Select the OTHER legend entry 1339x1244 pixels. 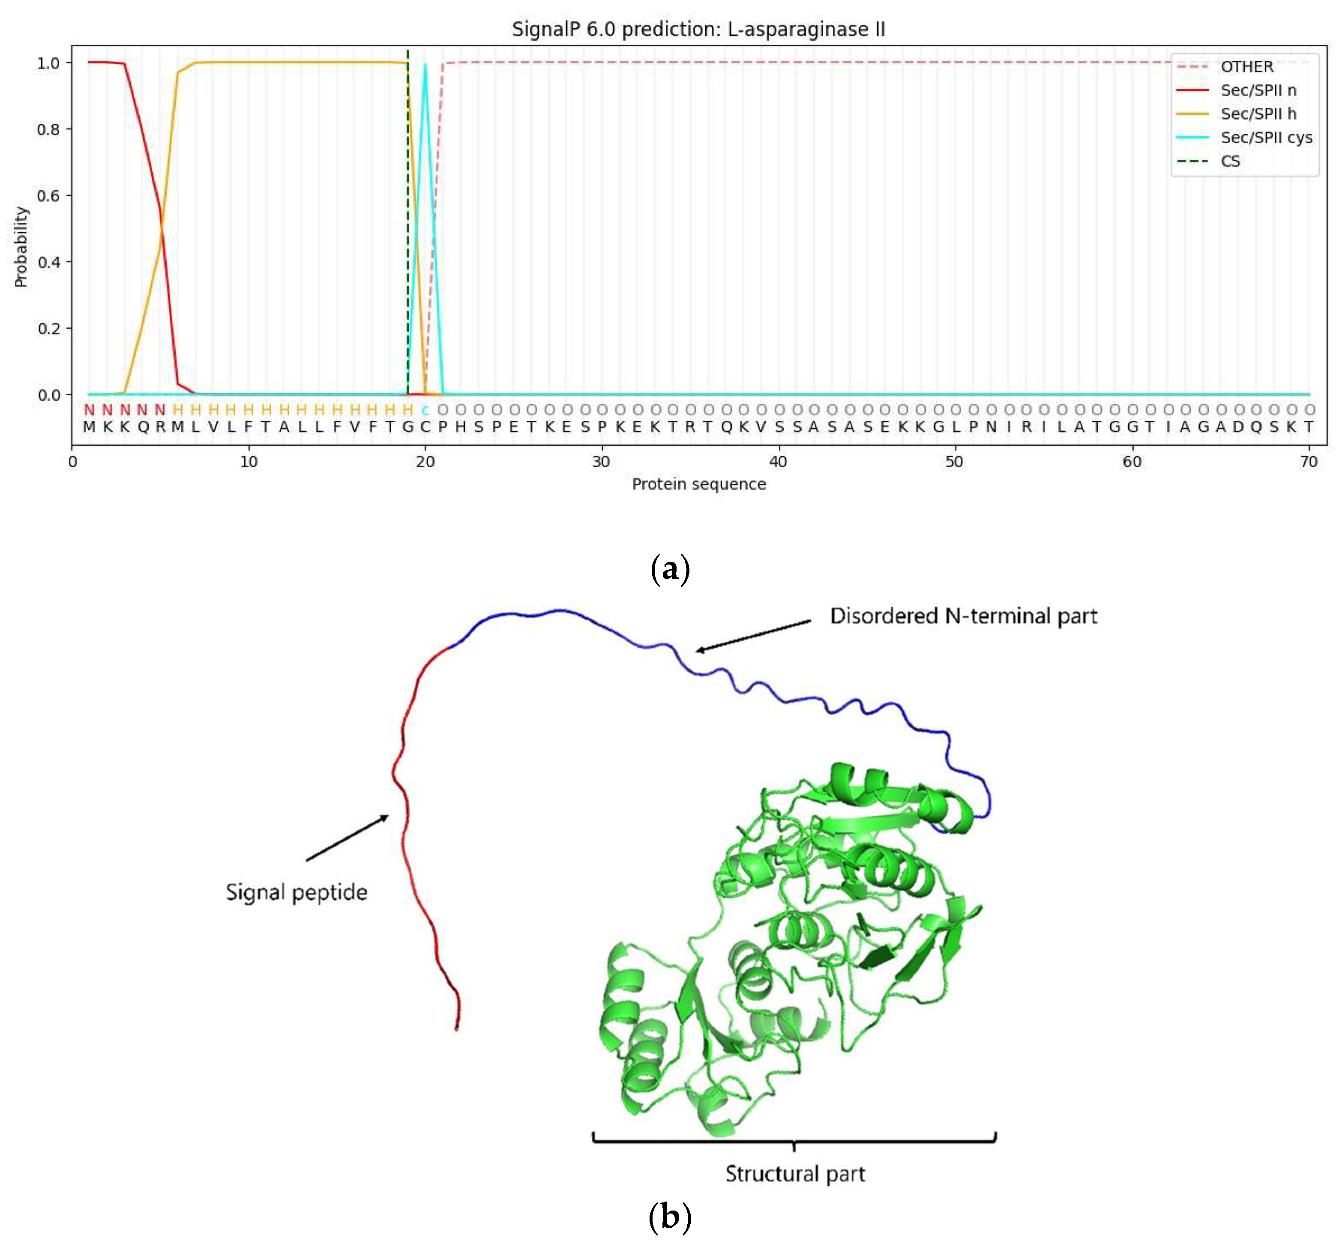(x=1246, y=66)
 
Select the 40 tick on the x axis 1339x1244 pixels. (x=778, y=462)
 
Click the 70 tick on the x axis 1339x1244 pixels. (x=1308, y=462)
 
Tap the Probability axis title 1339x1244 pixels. (x=21, y=247)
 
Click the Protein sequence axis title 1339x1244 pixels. (x=698, y=484)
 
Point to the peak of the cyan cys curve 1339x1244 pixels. (x=425, y=65)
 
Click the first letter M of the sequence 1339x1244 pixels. (x=89, y=427)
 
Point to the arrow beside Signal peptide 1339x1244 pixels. (x=347, y=838)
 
